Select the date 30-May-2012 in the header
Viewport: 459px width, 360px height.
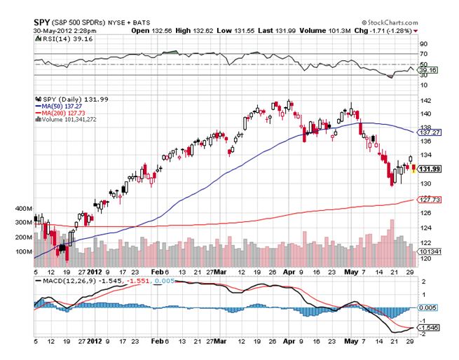click(58, 31)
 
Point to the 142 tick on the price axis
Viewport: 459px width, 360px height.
click(424, 100)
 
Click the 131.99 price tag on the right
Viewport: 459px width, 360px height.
click(428, 169)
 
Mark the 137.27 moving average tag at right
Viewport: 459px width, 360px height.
click(428, 132)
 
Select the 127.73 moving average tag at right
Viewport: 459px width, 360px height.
click(428, 200)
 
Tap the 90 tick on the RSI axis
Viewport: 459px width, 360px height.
click(423, 43)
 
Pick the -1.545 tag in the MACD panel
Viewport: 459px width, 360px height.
click(428, 327)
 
